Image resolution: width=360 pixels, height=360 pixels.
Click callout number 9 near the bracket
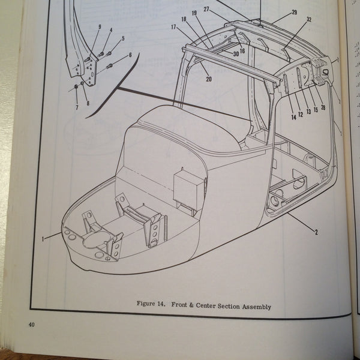tap(99, 27)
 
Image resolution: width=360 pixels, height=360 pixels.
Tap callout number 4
tap(110, 31)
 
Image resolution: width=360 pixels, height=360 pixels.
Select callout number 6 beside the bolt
tap(130, 55)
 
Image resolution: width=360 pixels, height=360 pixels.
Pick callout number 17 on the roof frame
tap(173, 27)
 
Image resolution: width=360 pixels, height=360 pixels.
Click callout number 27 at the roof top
tap(206, 10)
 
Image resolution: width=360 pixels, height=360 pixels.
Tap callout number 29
tap(294, 13)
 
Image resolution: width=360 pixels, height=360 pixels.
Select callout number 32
tap(309, 19)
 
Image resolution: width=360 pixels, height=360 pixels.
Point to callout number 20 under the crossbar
tap(208, 79)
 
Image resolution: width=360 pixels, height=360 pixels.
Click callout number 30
tap(236, 53)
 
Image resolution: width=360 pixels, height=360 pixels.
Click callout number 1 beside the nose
tap(43, 239)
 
